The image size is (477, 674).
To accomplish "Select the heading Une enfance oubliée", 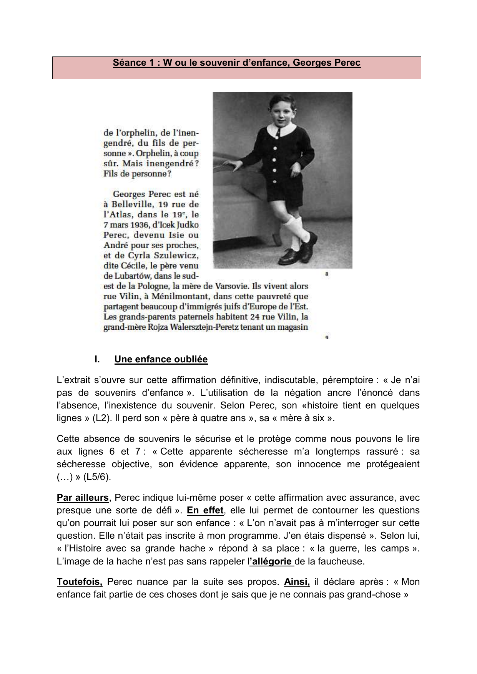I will (161, 359).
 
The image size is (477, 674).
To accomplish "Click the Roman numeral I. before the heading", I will (97, 359).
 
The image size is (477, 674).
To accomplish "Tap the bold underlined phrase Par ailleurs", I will (83, 498).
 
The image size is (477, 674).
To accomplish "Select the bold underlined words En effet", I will (205, 510).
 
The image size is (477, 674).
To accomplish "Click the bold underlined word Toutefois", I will (80, 582).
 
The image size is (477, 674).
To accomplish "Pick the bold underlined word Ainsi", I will (297, 582).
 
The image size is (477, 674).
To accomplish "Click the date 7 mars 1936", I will (125, 225).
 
